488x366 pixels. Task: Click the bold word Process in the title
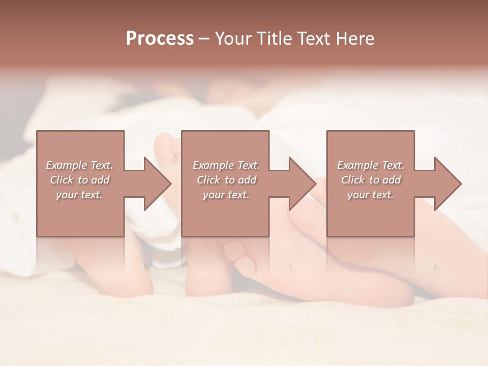[x=160, y=39]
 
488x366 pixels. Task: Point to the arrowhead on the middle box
[x=301, y=184]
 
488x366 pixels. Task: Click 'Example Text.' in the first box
[x=79, y=165]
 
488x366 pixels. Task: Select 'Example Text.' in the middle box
[x=226, y=165]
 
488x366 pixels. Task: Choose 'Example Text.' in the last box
[x=371, y=165]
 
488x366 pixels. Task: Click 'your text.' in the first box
[x=79, y=195]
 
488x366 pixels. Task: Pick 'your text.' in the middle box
[x=226, y=195]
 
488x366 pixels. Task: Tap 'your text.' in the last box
[x=371, y=195]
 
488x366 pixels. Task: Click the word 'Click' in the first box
[x=62, y=180]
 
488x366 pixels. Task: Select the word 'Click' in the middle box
[x=208, y=180]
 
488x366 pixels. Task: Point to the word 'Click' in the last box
[x=353, y=180]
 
